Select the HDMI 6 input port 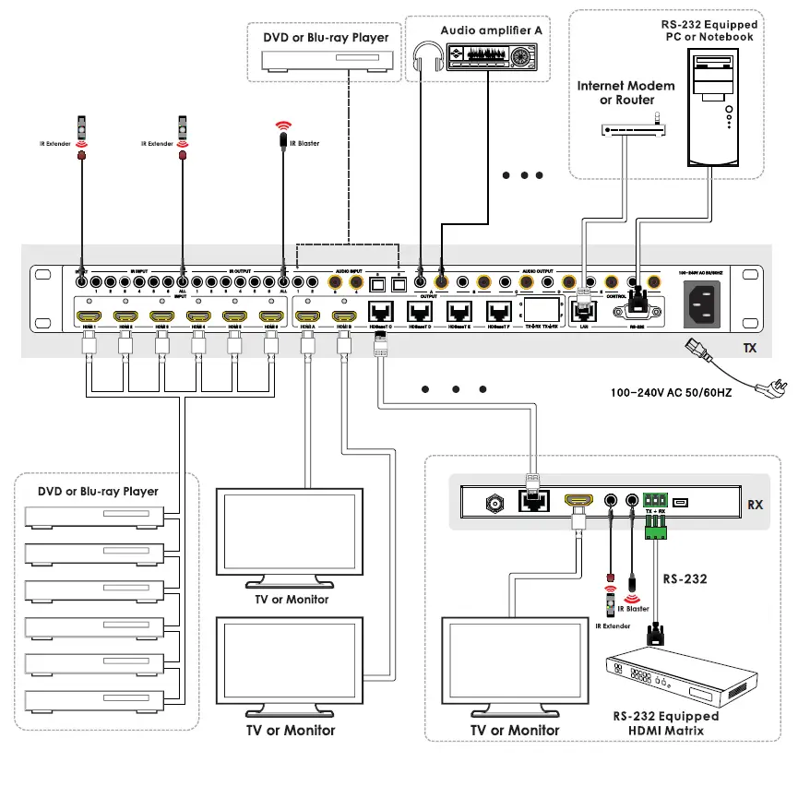click(x=269, y=317)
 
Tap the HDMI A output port click(x=307, y=317)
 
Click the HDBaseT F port click(x=499, y=312)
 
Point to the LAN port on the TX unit click(x=582, y=310)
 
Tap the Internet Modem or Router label click(x=626, y=92)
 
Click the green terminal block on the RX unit click(x=656, y=526)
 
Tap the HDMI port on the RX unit click(x=578, y=500)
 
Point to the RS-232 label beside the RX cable click(x=685, y=579)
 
